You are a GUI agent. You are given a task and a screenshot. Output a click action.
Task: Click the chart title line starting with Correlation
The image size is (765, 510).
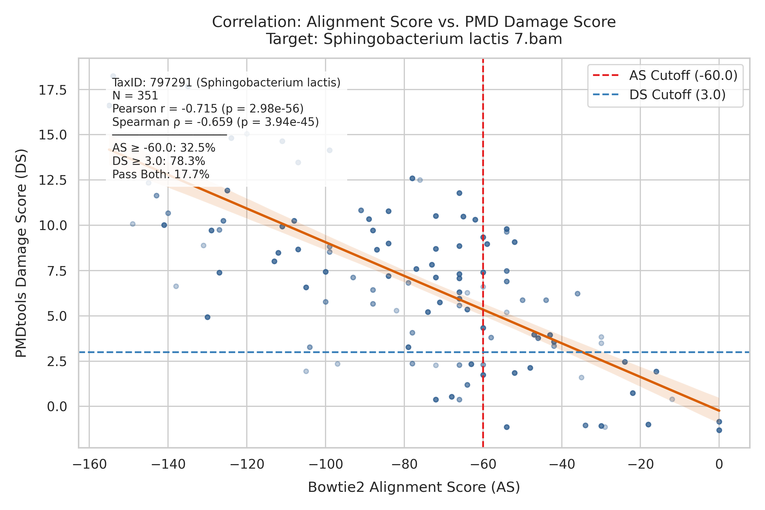click(414, 22)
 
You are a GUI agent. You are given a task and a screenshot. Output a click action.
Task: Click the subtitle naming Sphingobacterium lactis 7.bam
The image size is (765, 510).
click(414, 39)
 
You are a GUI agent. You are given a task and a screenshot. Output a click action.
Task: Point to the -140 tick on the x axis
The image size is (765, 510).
click(168, 464)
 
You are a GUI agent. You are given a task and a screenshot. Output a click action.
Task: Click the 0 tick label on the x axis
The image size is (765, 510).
click(719, 464)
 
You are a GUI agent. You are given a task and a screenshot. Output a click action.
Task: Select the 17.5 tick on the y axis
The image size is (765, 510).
click(53, 90)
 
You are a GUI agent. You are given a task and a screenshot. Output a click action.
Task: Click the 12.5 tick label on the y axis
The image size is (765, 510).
click(53, 180)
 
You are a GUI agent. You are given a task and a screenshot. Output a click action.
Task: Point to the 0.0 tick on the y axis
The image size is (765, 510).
click(57, 407)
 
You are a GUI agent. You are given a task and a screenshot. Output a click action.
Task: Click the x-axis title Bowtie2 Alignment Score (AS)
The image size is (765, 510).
click(414, 487)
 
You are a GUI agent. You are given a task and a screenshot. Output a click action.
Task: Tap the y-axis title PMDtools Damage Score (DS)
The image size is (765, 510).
click(22, 253)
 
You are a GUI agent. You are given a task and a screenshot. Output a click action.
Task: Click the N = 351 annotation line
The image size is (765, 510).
click(135, 96)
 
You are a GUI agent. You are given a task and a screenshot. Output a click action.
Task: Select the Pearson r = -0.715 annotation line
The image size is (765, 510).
click(208, 109)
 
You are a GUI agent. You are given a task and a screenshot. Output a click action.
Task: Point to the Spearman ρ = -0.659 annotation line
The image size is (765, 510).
click(215, 122)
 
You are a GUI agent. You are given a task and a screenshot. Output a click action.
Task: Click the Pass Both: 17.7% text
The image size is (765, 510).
click(161, 174)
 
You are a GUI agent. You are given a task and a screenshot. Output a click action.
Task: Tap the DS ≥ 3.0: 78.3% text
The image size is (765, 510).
click(159, 161)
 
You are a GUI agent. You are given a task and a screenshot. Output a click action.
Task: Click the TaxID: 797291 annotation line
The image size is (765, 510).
click(226, 83)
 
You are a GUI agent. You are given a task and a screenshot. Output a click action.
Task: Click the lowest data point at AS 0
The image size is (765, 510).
click(719, 430)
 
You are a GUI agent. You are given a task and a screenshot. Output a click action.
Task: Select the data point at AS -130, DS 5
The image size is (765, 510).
click(207, 317)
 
